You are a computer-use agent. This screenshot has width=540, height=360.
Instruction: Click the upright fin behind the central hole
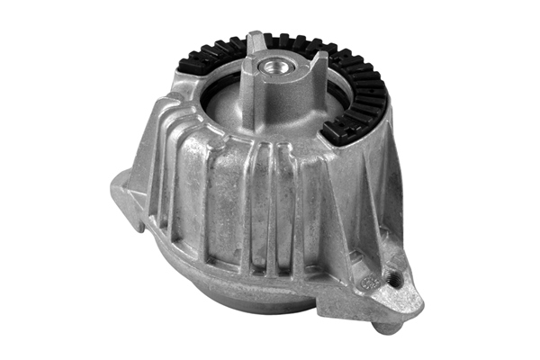tap(256, 43)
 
